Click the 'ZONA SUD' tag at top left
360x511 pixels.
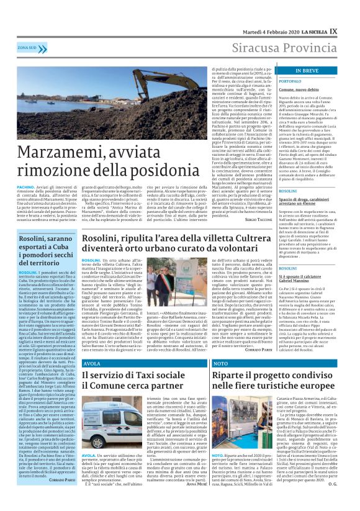(x=27, y=47)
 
